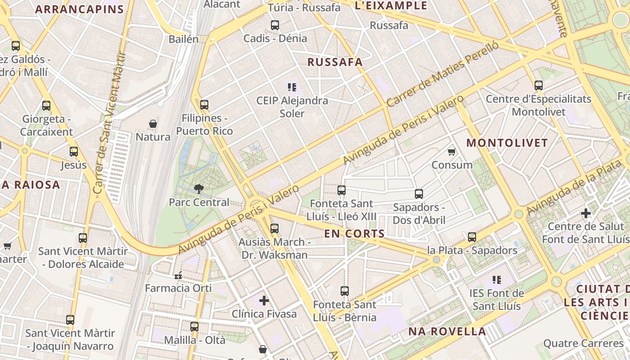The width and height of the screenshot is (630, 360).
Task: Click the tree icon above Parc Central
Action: [x=198, y=189]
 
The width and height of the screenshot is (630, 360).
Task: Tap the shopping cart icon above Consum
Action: [x=452, y=152]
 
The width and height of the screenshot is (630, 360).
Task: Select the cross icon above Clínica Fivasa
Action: [x=264, y=300]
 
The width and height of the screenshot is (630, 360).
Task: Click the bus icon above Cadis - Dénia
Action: [x=274, y=25]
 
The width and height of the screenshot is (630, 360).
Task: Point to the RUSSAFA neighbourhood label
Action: [x=335, y=62]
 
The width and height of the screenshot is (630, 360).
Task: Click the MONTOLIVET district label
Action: [x=507, y=143]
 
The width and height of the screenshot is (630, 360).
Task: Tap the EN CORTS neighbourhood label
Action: [x=355, y=234]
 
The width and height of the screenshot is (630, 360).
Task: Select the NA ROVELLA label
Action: [x=447, y=332]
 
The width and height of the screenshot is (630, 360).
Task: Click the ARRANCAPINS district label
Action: [x=79, y=9]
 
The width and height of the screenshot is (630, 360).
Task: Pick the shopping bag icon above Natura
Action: [x=153, y=123]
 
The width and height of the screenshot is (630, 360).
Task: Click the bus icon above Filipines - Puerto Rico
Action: [x=204, y=105]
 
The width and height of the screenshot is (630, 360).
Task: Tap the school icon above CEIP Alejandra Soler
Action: [x=292, y=87]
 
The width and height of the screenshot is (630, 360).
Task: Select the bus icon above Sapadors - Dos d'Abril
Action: [x=419, y=194]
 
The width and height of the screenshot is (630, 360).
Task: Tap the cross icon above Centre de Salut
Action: [x=585, y=213]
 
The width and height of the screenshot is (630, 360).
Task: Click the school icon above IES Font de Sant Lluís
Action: [x=497, y=280]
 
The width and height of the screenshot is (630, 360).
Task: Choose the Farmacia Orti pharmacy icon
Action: [x=178, y=275]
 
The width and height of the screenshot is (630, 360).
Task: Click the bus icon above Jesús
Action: [x=74, y=152]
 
